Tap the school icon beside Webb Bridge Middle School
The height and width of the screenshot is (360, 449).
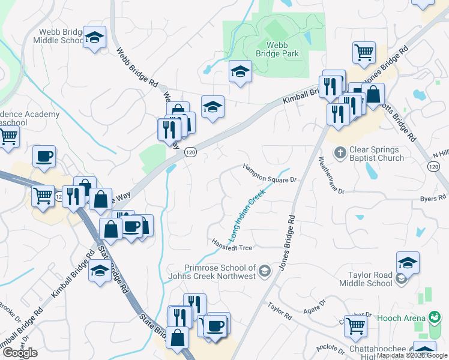[94, 38]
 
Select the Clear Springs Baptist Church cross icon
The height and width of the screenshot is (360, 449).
[340, 152]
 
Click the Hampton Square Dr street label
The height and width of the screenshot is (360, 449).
[270, 173]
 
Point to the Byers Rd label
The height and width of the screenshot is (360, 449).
[433, 197]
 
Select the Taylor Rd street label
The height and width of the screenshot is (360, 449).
[280, 310]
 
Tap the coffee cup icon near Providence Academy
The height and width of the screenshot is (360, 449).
[44, 157]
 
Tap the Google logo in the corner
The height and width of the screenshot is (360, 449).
[19, 353]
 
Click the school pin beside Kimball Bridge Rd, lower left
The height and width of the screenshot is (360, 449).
[100, 271]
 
